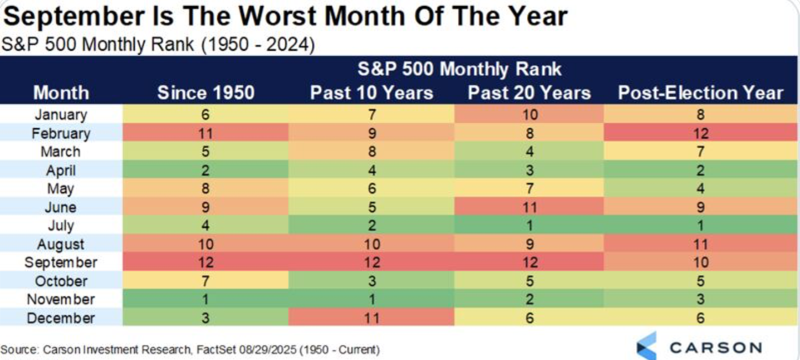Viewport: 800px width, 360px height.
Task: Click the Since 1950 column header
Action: [206, 93]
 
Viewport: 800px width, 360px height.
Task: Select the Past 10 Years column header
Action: [372, 93]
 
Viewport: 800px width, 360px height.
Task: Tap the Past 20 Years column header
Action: [529, 93]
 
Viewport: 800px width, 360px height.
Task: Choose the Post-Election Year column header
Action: [700, 93]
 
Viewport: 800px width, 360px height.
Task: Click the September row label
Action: [61, 263]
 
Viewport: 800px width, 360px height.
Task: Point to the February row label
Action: [61, 134]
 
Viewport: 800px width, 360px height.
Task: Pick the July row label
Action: [61, 226]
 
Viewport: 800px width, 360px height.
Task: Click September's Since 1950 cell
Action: [206, 262]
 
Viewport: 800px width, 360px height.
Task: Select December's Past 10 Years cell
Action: [372, 318]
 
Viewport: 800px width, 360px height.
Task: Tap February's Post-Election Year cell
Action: [700, 133]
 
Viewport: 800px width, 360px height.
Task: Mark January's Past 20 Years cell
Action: [529, 115]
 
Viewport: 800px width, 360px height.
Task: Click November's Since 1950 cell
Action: [206, 299]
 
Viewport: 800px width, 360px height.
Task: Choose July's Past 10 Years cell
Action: [372, 226]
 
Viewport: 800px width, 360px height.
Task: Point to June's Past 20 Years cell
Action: [529, 207]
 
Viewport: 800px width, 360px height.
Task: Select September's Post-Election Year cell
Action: [700, 262]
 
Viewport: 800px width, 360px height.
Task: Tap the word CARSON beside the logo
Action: [716, 348]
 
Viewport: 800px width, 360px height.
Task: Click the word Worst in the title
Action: [277, 16]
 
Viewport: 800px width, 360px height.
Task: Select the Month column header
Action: [61, 93]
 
